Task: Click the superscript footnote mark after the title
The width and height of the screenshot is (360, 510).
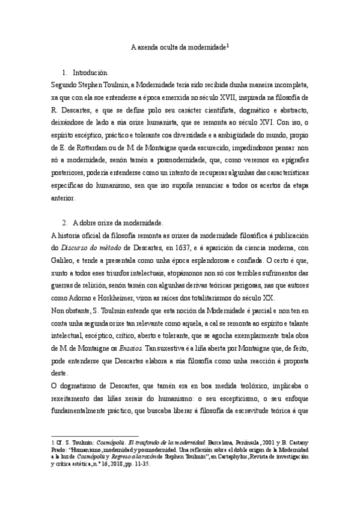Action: [x=228, y=44]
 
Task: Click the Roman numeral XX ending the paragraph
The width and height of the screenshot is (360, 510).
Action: [x=267, y=298]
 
